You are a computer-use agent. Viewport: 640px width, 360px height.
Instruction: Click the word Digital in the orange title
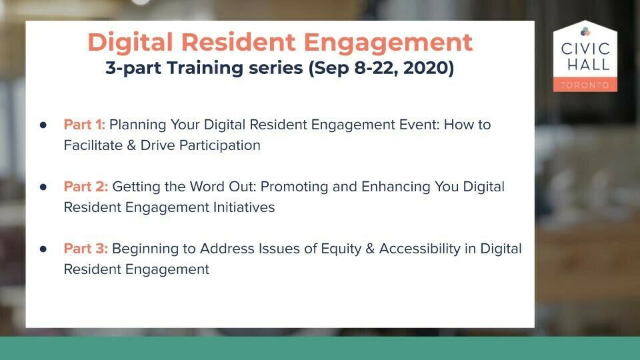coord(131,43)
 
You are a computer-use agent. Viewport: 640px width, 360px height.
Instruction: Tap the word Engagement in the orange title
coord(388,43)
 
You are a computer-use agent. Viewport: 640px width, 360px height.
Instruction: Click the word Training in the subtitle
coord(205,68)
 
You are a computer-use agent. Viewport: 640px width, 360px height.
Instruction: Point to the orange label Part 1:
coord(85,125)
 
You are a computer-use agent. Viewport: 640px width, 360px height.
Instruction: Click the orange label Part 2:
coord(86,187)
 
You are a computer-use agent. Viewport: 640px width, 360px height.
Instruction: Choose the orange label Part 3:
coord(86,249)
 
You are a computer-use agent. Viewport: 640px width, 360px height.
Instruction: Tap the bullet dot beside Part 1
coord(43,125)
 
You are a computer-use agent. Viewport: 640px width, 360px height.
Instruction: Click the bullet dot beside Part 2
coord(43,187)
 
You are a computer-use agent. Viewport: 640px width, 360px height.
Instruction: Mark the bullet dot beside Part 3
coord(43,249)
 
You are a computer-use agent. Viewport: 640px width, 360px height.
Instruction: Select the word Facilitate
coord(93,145)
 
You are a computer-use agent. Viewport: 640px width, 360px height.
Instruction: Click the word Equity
coord(341,249)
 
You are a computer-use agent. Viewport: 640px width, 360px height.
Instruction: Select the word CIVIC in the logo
coord(585,49)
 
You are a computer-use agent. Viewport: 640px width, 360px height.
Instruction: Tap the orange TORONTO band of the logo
coord(585,85)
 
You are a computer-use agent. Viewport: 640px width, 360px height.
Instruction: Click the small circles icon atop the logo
coord(585,31)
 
